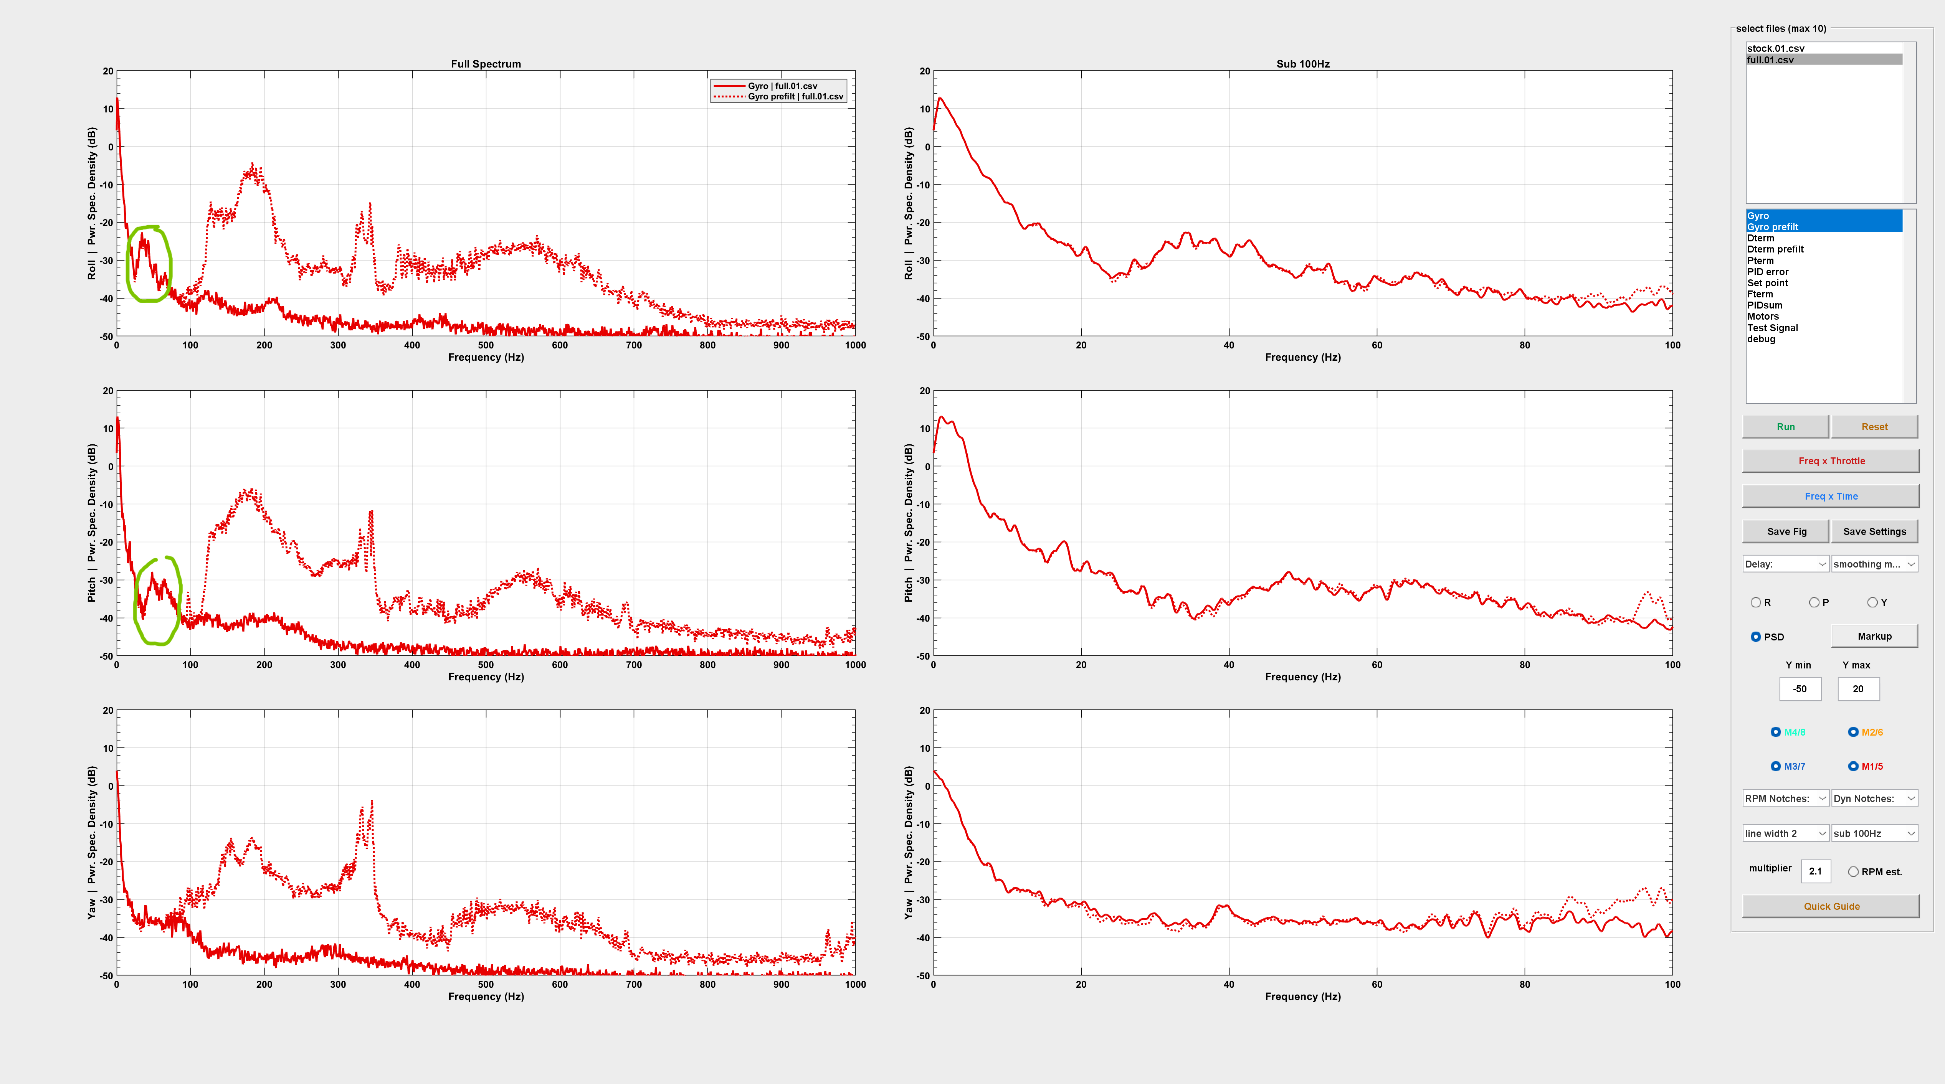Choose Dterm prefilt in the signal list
click(1775, 249)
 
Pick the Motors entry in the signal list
click(1763, 316)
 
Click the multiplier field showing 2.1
click(1815, 871)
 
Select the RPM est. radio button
click(1853, 872)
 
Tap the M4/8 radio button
click(1776, 732)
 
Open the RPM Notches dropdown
click(1785, 799)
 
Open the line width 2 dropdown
click(1785, 833)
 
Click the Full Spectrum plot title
click(486, 64)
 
